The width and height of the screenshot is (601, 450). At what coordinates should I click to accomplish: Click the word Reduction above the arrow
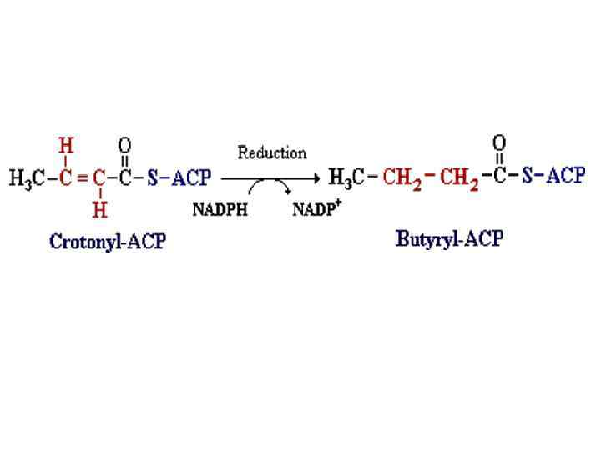tap(272, 153)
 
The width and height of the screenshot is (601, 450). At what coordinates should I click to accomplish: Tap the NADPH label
tap(220, 209)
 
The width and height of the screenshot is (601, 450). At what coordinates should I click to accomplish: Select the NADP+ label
tap(317, 208)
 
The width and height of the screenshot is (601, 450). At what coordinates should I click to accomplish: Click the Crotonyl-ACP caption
tap(108, 242)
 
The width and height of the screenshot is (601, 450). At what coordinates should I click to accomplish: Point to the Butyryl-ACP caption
tap(449, 240)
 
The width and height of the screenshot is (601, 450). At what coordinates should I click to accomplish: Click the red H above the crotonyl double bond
tap(68, 145)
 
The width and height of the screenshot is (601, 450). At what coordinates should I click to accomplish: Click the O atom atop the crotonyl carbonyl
tap(124, 145)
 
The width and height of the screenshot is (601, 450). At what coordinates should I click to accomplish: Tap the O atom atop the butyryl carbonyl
tap(499, 142)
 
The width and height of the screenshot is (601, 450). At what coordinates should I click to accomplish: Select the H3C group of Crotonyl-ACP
tap(28, 178)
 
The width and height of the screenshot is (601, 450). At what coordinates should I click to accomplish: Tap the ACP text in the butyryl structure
tap(566, 177)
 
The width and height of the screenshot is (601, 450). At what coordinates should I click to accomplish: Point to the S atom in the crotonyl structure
tap(153, 178)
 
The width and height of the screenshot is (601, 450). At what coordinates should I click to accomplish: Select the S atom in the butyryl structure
tap(527, 177)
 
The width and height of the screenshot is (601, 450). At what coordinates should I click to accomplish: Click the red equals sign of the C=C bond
tap(83, 178)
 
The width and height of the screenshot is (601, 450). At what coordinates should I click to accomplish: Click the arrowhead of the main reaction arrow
tap(316, 177)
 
